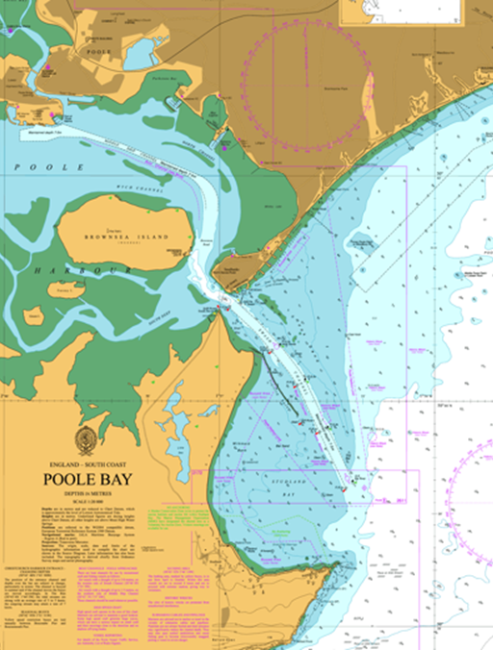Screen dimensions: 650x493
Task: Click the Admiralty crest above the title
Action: (x=87, y=441)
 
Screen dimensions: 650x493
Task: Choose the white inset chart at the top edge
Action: (x=415, y=12)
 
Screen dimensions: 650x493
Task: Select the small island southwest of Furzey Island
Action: (x=34, y=314)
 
